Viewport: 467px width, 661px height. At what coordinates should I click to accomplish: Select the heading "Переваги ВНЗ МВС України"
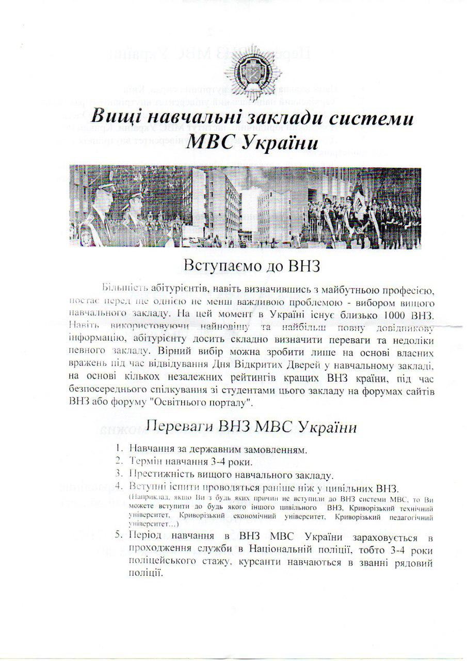[251, 427]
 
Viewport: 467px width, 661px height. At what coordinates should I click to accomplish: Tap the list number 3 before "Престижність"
[119, 475]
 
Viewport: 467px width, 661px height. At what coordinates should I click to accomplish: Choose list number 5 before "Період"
[119, 534]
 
